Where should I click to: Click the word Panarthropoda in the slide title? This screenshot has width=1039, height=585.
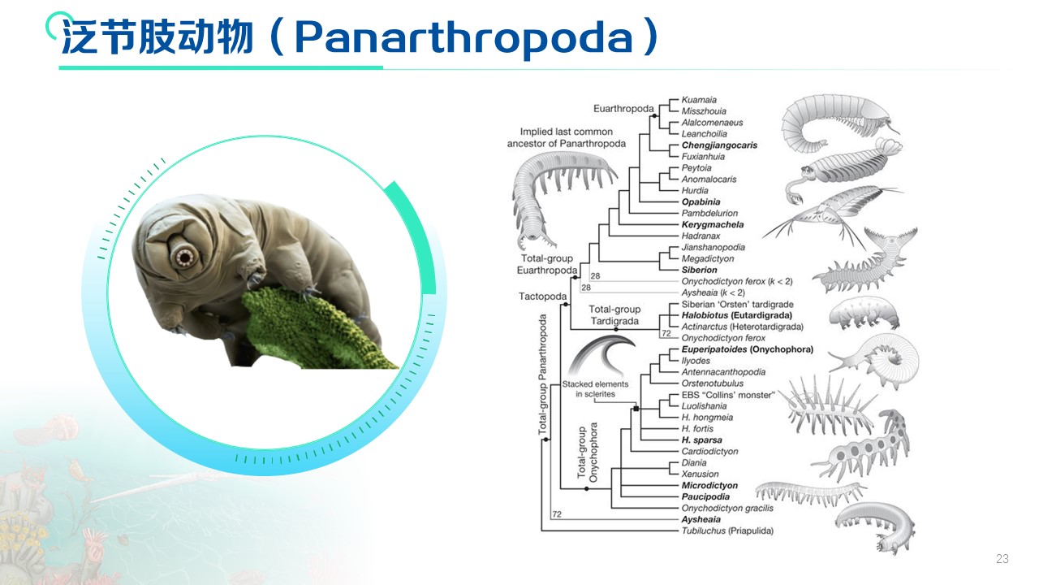(463, 37)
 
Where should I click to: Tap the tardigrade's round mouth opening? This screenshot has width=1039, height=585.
(185, 257)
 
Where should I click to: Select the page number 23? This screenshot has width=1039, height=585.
(1002, 558)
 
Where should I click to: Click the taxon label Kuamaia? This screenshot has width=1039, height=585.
(699, 100)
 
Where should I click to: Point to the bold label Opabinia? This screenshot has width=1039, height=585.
(701, 202)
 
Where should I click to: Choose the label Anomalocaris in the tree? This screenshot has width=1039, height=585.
(709, 180)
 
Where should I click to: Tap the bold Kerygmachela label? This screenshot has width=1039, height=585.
(713, 225)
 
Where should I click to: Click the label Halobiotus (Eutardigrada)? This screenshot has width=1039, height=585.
(736, 316)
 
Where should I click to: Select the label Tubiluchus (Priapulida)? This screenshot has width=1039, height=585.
(727, 531)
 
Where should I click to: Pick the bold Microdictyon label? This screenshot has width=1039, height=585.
(709, 486)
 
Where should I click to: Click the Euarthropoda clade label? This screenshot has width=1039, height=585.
(623, 109)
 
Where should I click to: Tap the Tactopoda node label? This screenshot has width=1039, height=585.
(542, 297)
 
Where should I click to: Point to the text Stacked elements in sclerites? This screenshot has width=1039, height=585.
(595, 389)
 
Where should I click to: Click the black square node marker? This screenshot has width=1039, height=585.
(636, 409)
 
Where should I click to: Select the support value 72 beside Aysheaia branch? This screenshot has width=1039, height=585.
(557, 514)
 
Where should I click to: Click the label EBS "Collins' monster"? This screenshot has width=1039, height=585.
(728, 395)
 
